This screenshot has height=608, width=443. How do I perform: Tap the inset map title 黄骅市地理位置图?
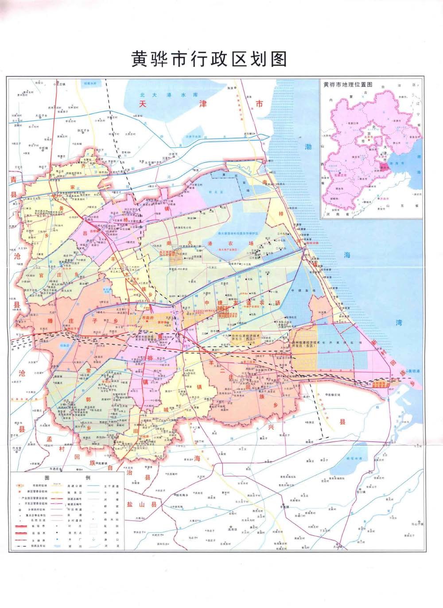coord(347,85)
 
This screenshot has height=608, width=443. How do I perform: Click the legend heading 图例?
coord(66,478)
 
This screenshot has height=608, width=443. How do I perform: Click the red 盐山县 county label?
coord(146,504)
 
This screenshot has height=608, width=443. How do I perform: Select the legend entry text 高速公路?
coord(74,486)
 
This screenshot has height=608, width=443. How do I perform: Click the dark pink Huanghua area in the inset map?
coord(384,167)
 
